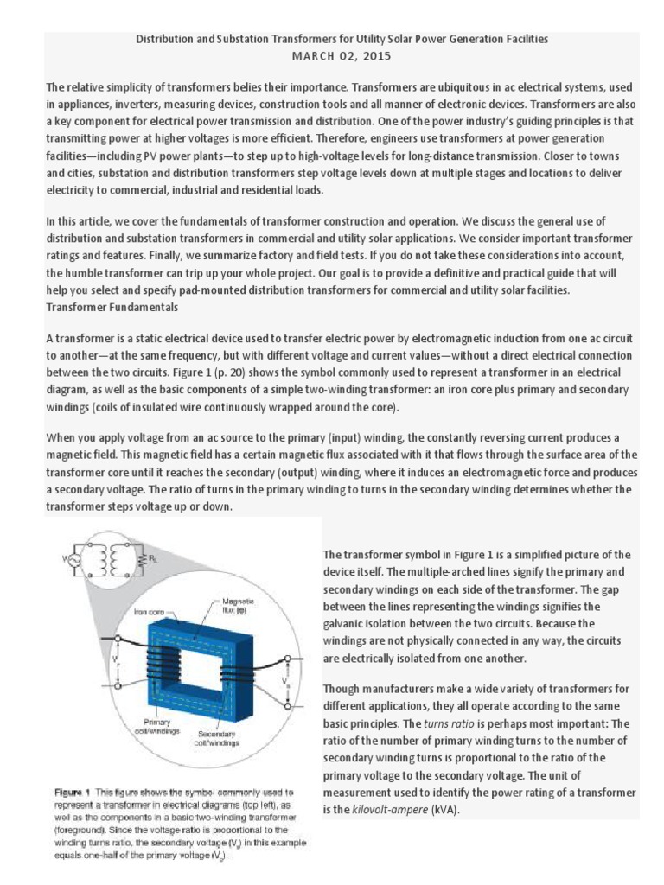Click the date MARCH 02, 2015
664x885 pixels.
(x=342, y=56)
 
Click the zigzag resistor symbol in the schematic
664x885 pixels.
(x=142, y=562)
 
